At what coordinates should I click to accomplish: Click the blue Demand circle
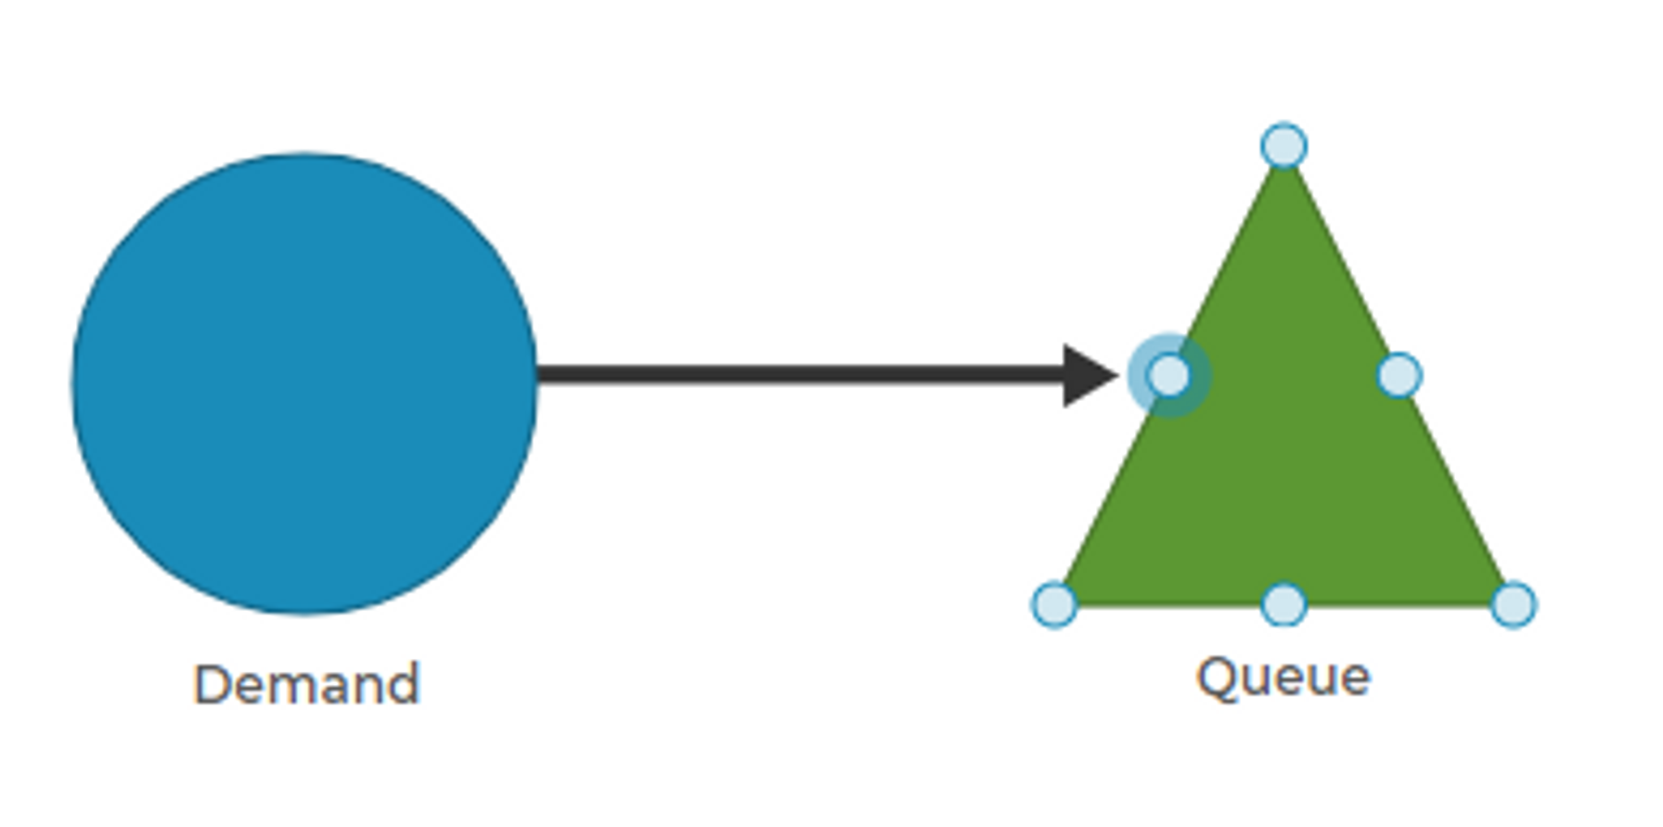[304, 382]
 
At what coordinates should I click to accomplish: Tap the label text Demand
[307, 685]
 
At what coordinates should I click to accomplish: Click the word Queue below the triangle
[1283, 678]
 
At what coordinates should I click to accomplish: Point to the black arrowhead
[1087, 375]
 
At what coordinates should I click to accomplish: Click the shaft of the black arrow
[798, 375]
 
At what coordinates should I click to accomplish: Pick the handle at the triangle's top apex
[1284, 146]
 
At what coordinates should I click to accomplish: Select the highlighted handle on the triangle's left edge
[1169, 375]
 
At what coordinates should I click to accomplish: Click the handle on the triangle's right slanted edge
[1399, 375]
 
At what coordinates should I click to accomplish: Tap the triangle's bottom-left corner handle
[1054, 604]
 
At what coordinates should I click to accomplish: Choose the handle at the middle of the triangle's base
[1284, 604]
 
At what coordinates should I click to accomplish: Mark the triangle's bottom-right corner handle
[1514, 604]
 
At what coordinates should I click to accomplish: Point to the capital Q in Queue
[1216, 678]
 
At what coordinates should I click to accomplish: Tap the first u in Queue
[1255, 679]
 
